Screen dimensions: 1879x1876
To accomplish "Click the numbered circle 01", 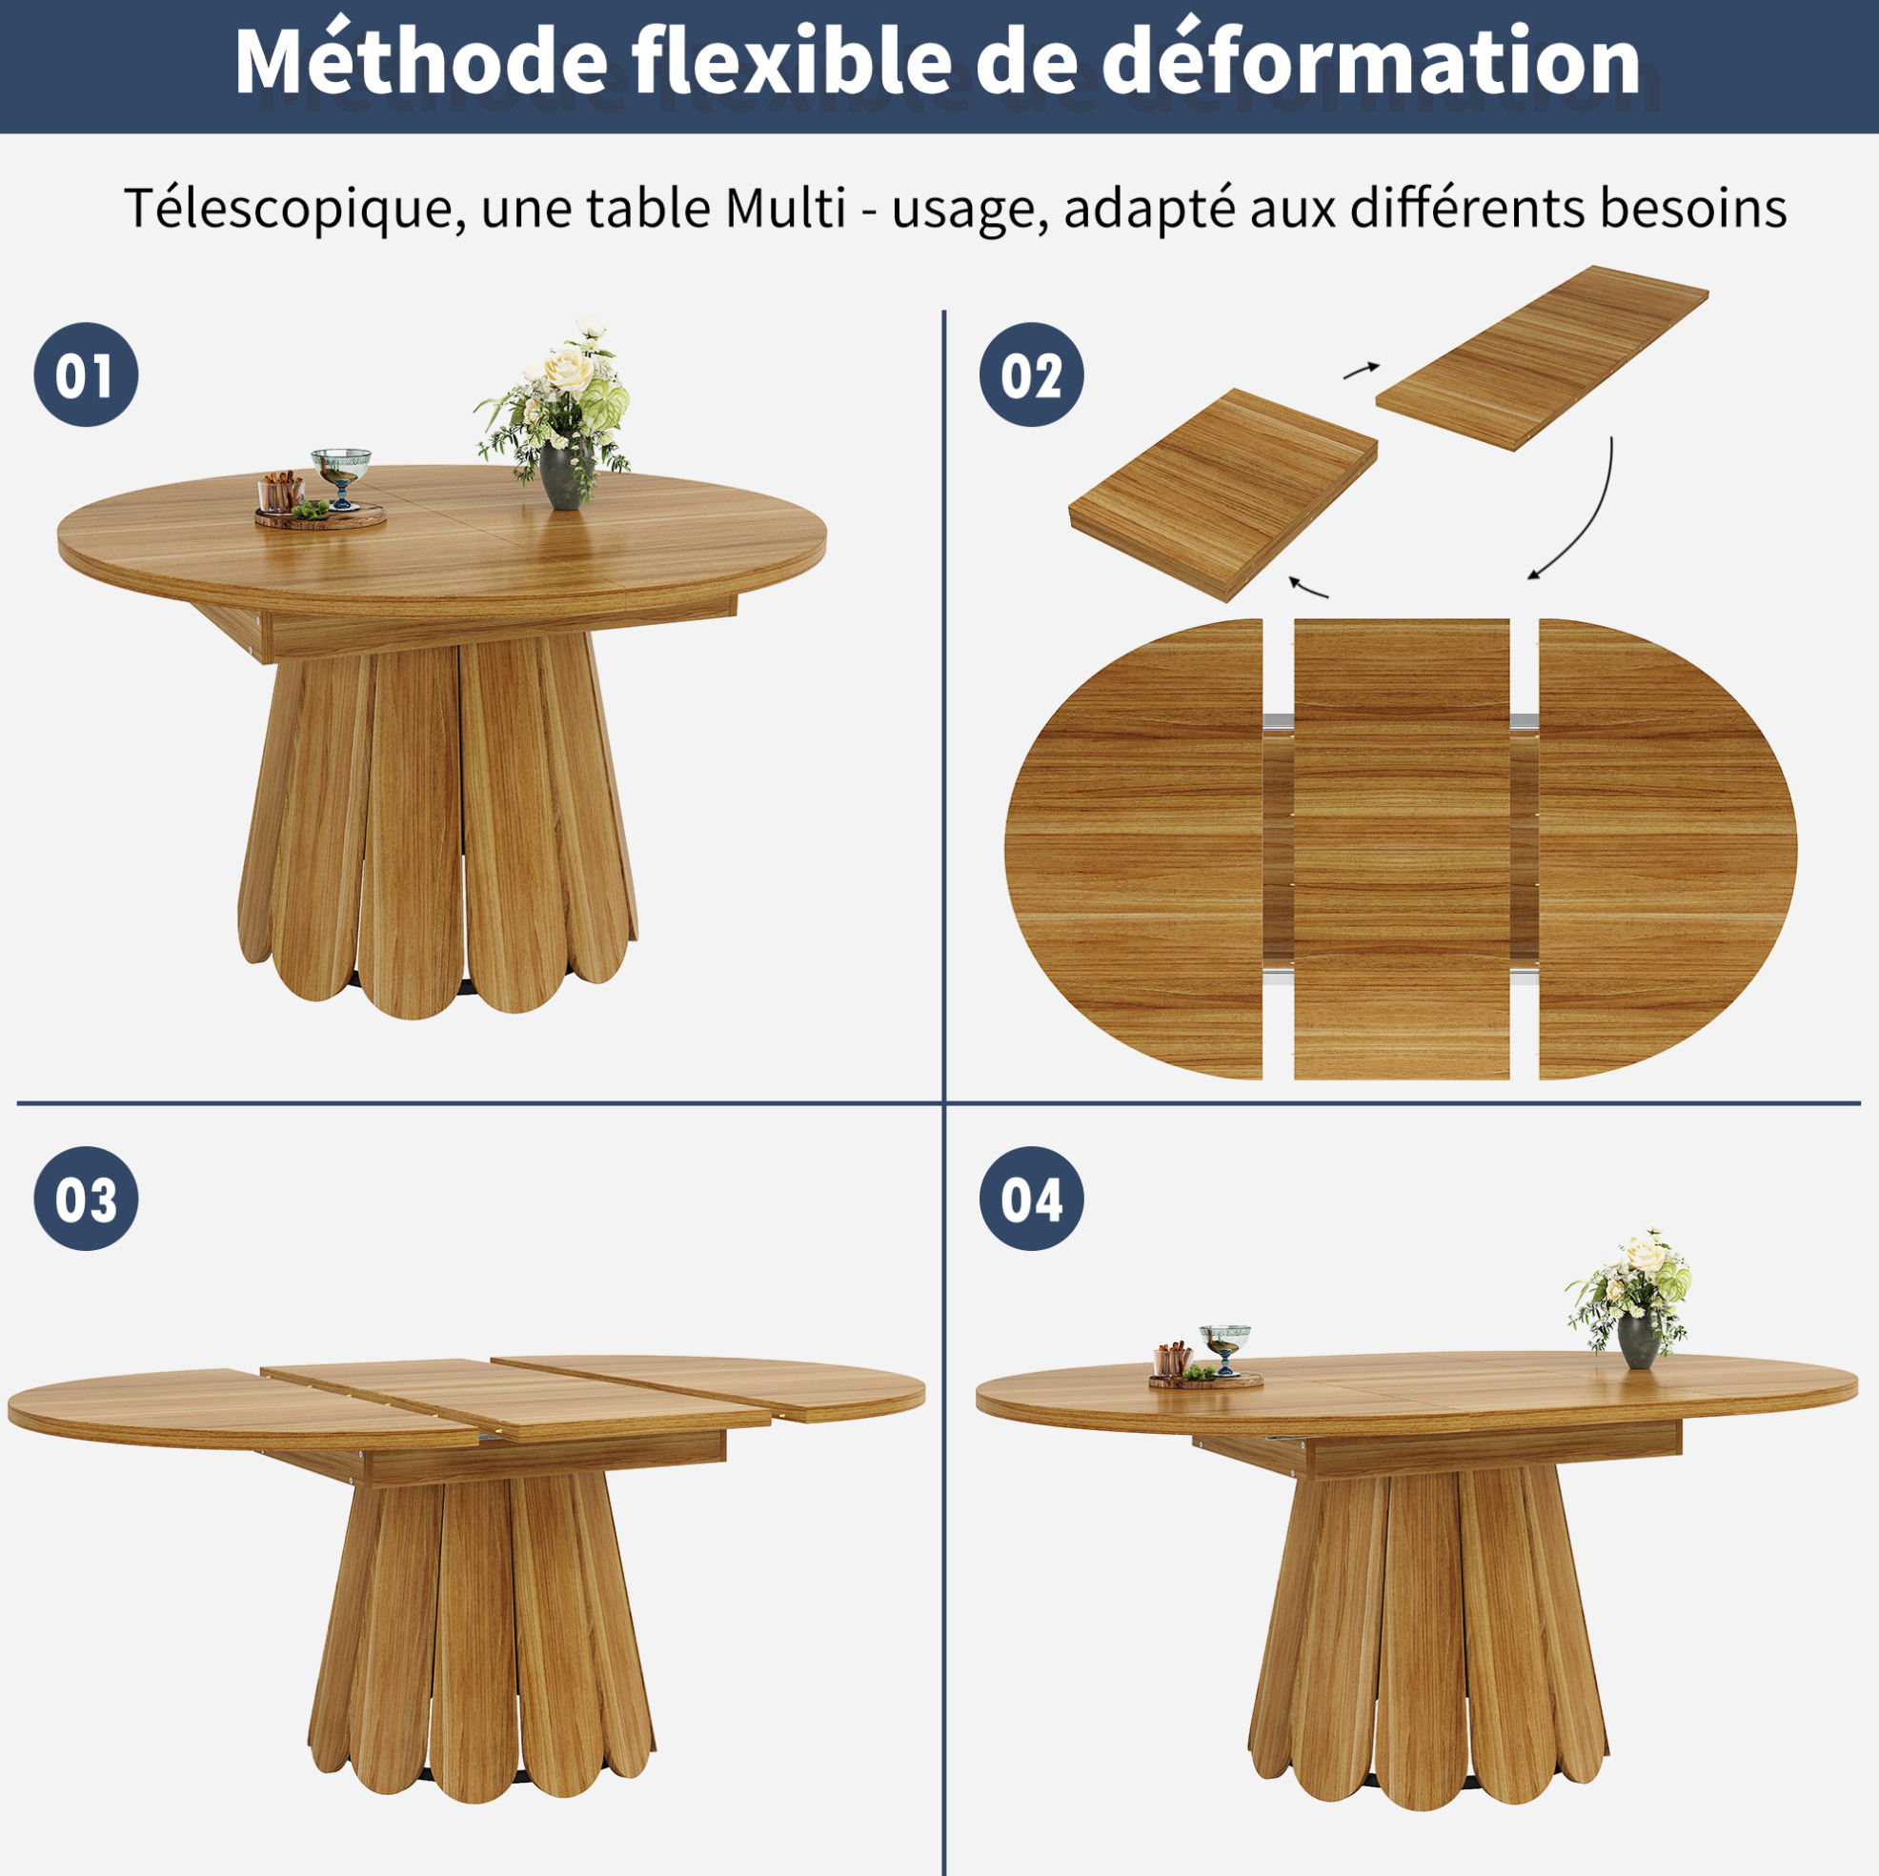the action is pyautogui.click(x=86, y=374).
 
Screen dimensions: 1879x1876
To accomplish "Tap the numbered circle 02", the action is pyautogui.click(x=1031, y=374).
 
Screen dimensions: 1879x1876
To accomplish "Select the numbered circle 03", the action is pyautogui.click(x=86, y=1199).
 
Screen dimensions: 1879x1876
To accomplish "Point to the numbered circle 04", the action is pyautogui.click(x=1031, y=1199).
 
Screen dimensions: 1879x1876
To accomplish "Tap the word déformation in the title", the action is pyautogui.click(x=1371, y=60).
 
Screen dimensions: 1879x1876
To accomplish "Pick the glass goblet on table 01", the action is pyautogui.click(x=340, y=477).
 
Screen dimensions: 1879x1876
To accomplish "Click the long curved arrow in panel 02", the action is pyautogui.click(x=1583, y=515).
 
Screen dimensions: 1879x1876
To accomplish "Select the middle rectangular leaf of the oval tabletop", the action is pyautogui.click(x=1402, y=849).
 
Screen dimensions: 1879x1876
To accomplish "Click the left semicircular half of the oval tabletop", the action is pyautogui.click(x=1134, y=849).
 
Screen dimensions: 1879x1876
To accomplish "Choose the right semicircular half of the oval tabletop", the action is pyautogui.click(x=1667, y=849).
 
